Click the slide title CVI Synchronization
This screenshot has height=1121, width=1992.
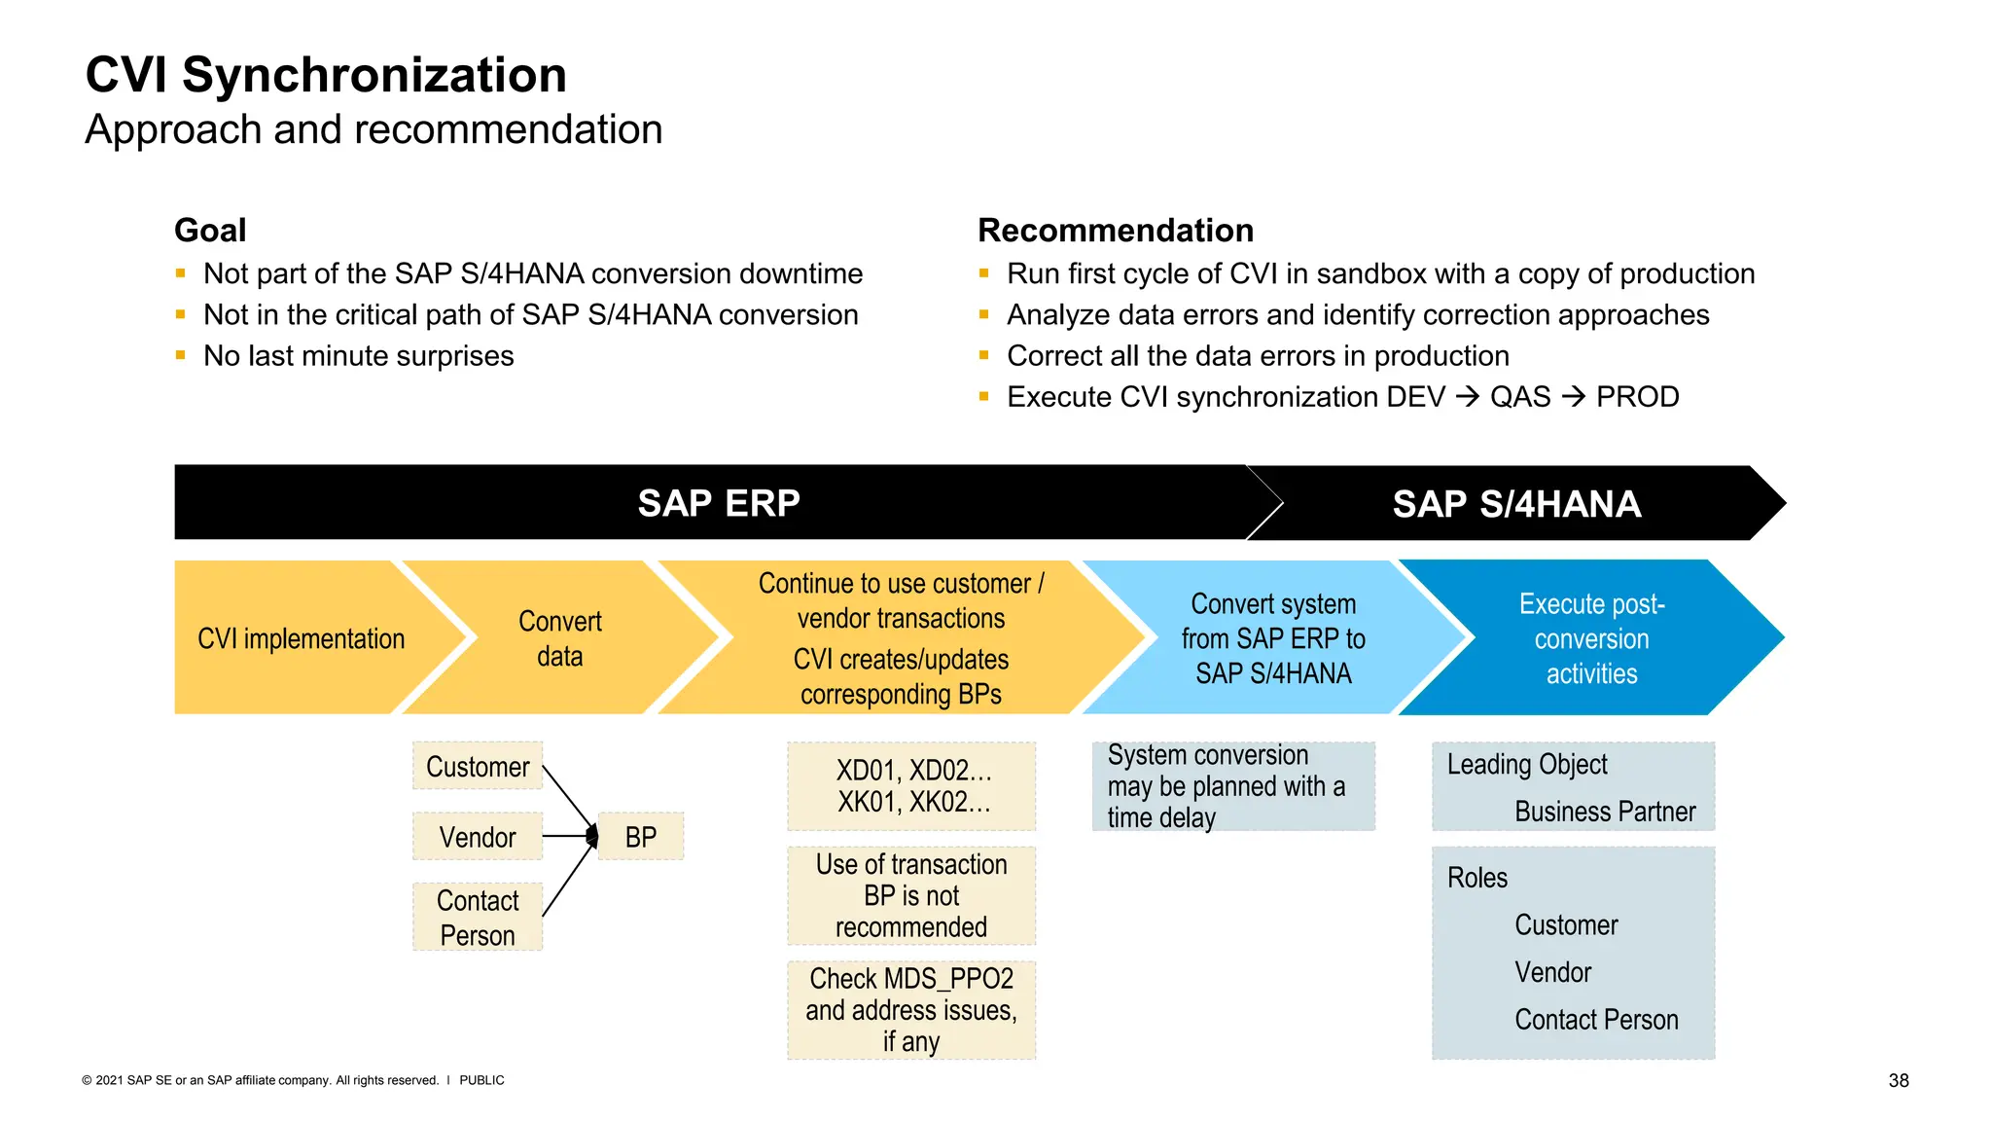pos(326,76)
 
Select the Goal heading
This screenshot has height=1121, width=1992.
pos(210,231)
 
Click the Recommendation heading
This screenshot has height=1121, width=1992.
pos(1115,231)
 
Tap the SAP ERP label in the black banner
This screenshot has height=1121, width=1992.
pos(718,503)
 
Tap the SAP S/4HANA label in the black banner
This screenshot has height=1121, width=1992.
pos(1515,504)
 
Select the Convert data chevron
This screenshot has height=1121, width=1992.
pos(560,638)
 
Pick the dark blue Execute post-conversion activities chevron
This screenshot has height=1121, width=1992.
pos(1591,638)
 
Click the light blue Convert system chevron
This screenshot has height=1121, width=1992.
pos(1272,638)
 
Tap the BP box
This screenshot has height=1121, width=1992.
pos(640,837)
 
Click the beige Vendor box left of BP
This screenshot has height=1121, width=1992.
pos(477,837)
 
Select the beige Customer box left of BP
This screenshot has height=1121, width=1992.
pos(477,767)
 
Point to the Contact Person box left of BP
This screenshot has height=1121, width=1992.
pos(477,917)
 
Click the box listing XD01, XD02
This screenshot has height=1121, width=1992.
pos(911,786)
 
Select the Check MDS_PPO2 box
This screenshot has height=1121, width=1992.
pos(911,1010)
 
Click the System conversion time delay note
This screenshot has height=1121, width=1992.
pos(1232,786)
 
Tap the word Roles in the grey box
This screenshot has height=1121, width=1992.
pos(1476,878)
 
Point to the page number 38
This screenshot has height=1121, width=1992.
pos(1898,1080)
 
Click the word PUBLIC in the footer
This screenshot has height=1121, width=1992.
pos(481,1080)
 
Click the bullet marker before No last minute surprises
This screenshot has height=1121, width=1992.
pos(181,356)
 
